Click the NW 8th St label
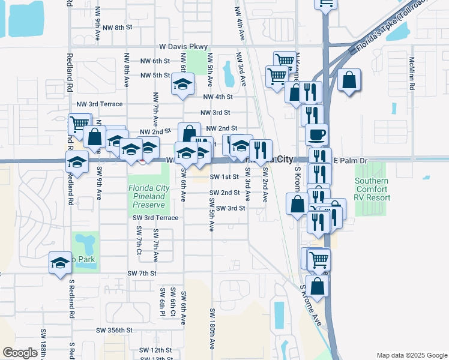[116, 28]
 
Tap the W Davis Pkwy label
[183, 46]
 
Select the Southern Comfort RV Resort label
[372, 189]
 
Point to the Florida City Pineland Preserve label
[147, 196]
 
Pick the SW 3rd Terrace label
[155, 218]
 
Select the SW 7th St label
[142, 273]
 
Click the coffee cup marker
[316, 134]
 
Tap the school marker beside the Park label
[59, 263]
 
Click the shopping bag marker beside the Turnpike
[349, 80]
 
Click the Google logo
[20, 353]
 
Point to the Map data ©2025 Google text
[412, 355]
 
